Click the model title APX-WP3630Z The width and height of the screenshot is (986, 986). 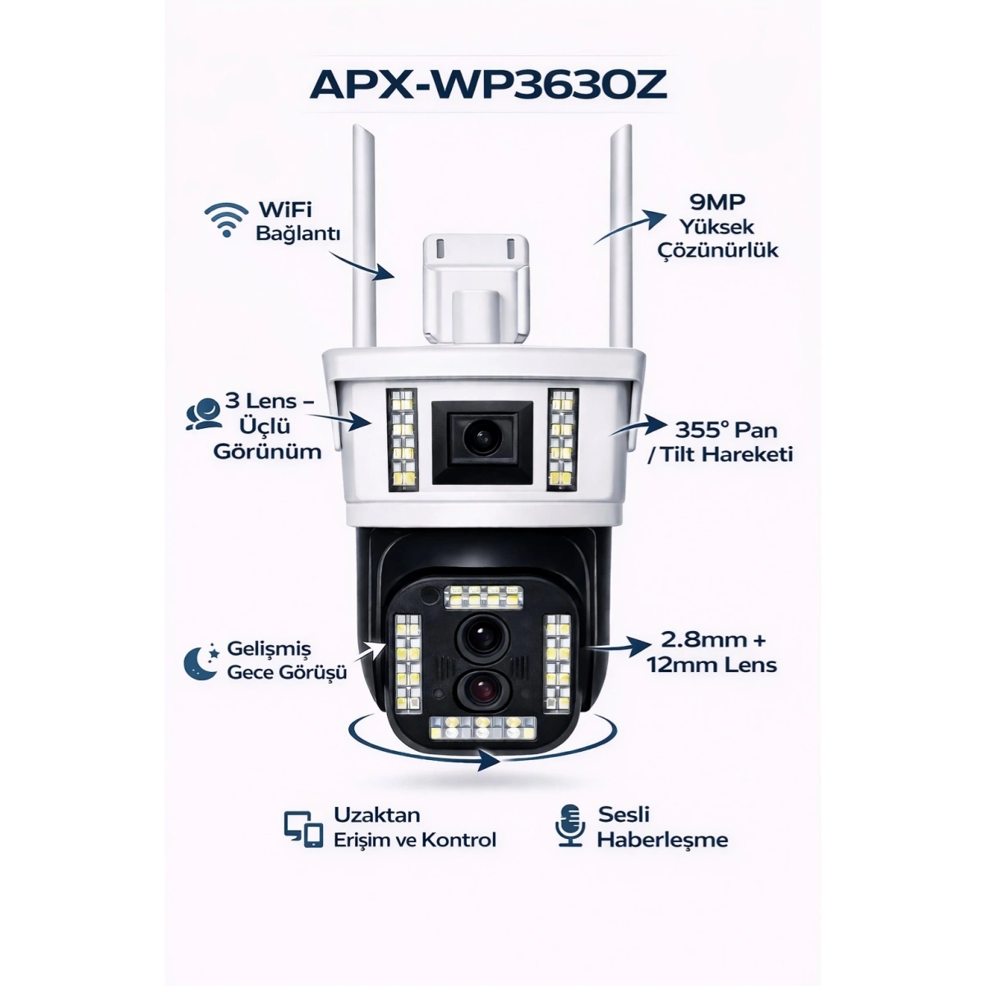488,85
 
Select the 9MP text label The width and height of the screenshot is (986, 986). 718,202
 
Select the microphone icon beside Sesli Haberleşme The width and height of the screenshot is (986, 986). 569,825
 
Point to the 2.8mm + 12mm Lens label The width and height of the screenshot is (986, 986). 712,652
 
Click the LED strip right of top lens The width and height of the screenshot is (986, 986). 563,440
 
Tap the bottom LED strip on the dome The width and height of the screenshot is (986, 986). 483,726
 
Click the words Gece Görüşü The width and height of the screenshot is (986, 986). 287,672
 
